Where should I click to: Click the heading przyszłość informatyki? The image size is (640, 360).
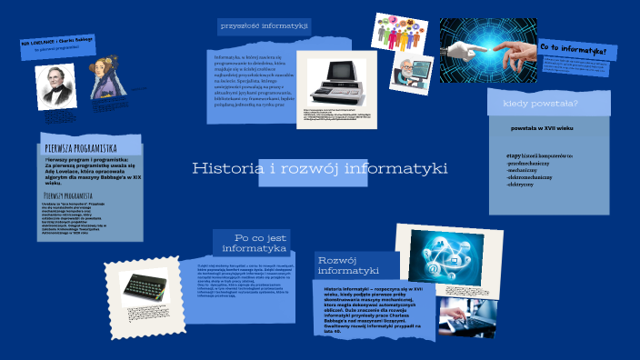coord(264,27)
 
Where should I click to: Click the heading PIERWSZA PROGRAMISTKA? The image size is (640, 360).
coord(80,147)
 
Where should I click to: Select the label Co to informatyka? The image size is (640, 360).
coord(573,47)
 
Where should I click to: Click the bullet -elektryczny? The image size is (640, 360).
coord(522,184)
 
